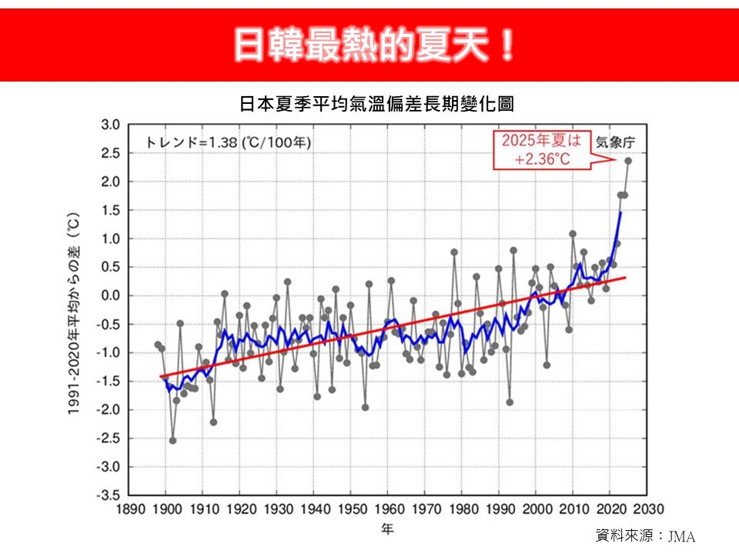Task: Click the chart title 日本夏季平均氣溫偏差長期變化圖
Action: [377, 104]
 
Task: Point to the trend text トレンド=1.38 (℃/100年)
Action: [229, 142]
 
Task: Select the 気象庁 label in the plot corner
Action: [614, 142]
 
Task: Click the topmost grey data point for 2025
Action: [628, 161]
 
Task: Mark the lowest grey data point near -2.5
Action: [172, 440]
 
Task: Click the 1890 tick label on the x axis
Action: [129, 509]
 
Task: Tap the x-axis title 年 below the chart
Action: [388, 529]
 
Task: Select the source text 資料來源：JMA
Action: [645, 536]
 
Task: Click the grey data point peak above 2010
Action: [573, 234]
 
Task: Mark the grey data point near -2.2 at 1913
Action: [213, 422]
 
